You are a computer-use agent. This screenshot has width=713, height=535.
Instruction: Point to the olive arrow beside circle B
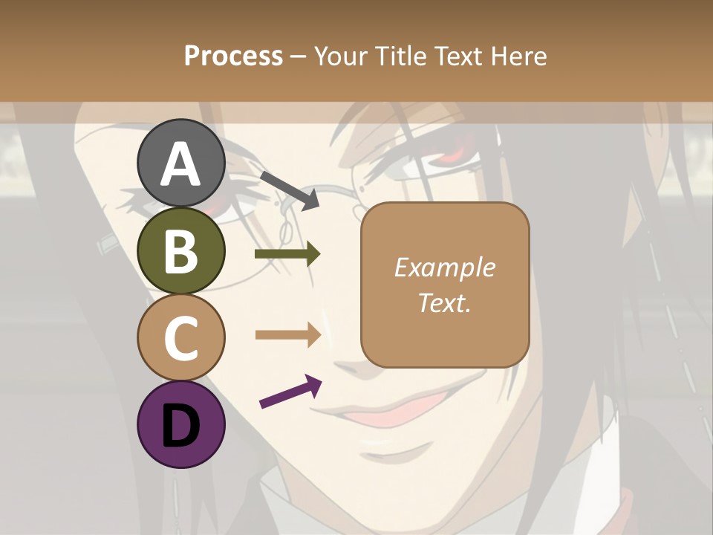287,255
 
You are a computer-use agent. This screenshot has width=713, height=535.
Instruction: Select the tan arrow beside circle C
287,334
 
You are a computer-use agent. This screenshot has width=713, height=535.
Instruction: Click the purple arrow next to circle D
290,392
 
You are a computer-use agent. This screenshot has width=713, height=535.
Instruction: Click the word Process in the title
233,56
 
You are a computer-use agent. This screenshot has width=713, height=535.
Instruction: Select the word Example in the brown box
444,267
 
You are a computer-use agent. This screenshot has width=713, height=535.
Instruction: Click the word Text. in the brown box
444,302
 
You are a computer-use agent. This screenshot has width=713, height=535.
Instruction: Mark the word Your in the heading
341,56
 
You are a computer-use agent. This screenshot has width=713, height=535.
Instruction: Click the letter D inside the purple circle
181,426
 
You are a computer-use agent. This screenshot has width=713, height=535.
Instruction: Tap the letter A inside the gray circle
181,164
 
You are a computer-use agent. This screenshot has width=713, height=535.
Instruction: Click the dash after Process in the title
299,57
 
